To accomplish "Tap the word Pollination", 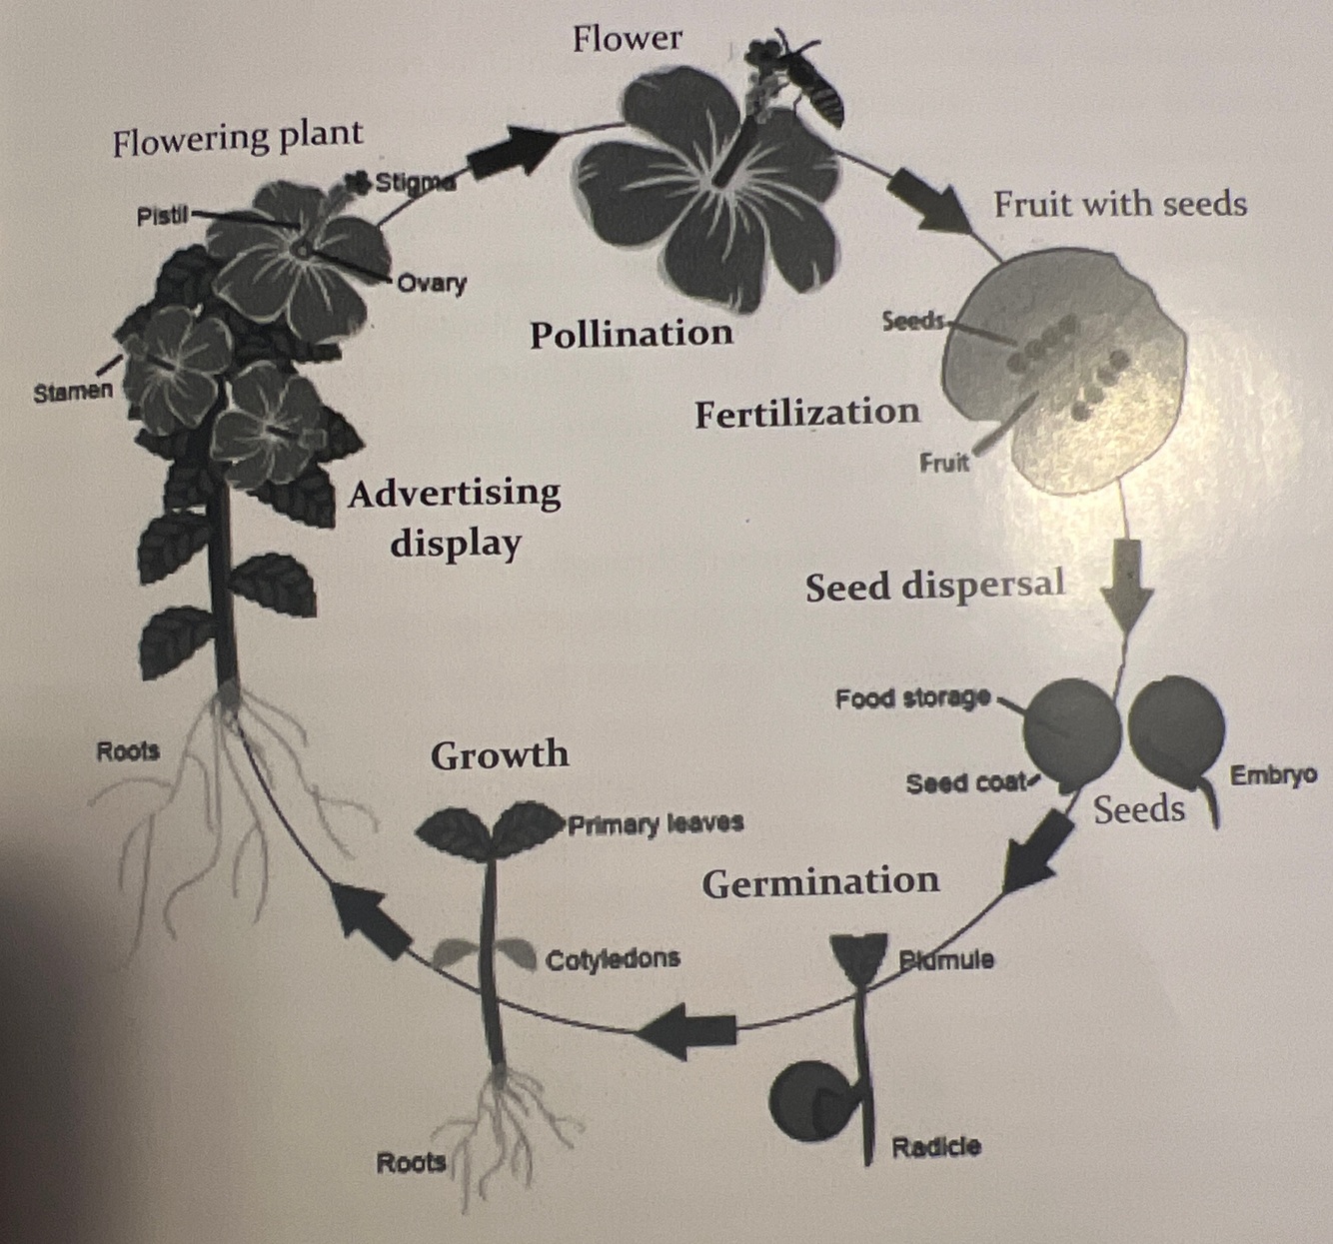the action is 631,334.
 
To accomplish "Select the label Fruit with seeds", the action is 1119,205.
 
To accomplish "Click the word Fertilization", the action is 806,413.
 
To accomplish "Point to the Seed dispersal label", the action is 934,586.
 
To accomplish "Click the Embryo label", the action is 1272,775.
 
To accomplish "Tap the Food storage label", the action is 912,697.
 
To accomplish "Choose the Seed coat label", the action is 965,783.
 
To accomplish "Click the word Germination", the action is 820,882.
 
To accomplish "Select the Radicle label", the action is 936,1147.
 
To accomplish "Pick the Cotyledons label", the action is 613,960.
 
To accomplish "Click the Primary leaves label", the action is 656,824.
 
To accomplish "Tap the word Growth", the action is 500,754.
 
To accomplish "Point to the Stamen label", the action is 73,392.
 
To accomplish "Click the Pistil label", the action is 162,216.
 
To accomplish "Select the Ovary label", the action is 432,284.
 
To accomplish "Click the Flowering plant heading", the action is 237,138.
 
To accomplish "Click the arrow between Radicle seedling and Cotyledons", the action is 689,1030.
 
